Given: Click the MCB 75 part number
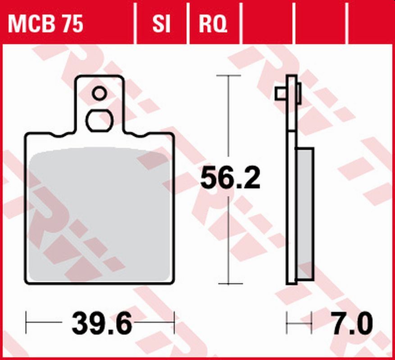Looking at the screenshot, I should (45, 23).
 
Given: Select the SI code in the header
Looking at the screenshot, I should (161, 23).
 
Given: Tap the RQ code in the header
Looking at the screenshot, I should (213, 23).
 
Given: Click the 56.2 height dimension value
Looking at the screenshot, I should (230, 178).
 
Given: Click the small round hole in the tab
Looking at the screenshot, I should (99, 94).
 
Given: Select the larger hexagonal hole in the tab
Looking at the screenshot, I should (99, 120).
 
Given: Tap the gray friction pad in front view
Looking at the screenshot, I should (99, 216).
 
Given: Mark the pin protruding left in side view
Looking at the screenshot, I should (280, 93).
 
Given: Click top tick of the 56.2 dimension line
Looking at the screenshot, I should (229, 76).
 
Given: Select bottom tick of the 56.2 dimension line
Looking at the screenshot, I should (229, 284).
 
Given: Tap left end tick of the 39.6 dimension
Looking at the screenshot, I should (27, 322).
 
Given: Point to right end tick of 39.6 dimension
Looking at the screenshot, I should (174, 322).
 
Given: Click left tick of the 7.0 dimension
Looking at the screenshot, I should (287, 322).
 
